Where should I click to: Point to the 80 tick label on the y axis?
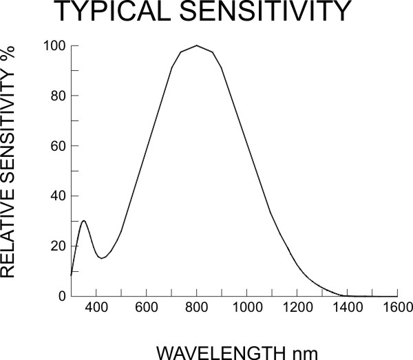[59, 96]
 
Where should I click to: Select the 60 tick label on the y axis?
[59, 147]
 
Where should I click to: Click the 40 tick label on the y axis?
[59, 196]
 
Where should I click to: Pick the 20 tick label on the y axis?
[59, 246]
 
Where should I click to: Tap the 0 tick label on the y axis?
[62, 297]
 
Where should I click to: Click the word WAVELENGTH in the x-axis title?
[213, 352]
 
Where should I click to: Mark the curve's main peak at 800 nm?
[197, 45]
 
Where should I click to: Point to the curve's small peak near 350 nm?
[84, 221]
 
